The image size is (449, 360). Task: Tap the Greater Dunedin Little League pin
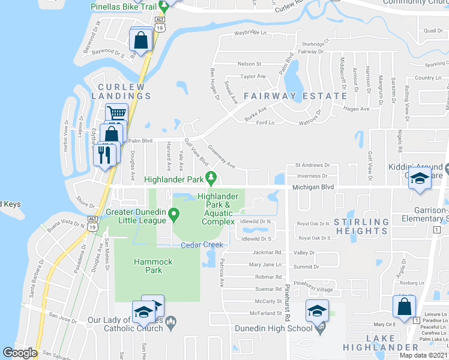coord(174,213)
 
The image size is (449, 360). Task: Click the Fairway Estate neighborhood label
coord(295,95)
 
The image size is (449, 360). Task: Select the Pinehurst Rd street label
coord(288,299)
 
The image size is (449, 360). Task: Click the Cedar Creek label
coord(202,245)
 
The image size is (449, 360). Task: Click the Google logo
coord(20,353)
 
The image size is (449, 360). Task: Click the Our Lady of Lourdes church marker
coord(171,323)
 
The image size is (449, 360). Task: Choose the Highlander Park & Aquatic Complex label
coord(218,209)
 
